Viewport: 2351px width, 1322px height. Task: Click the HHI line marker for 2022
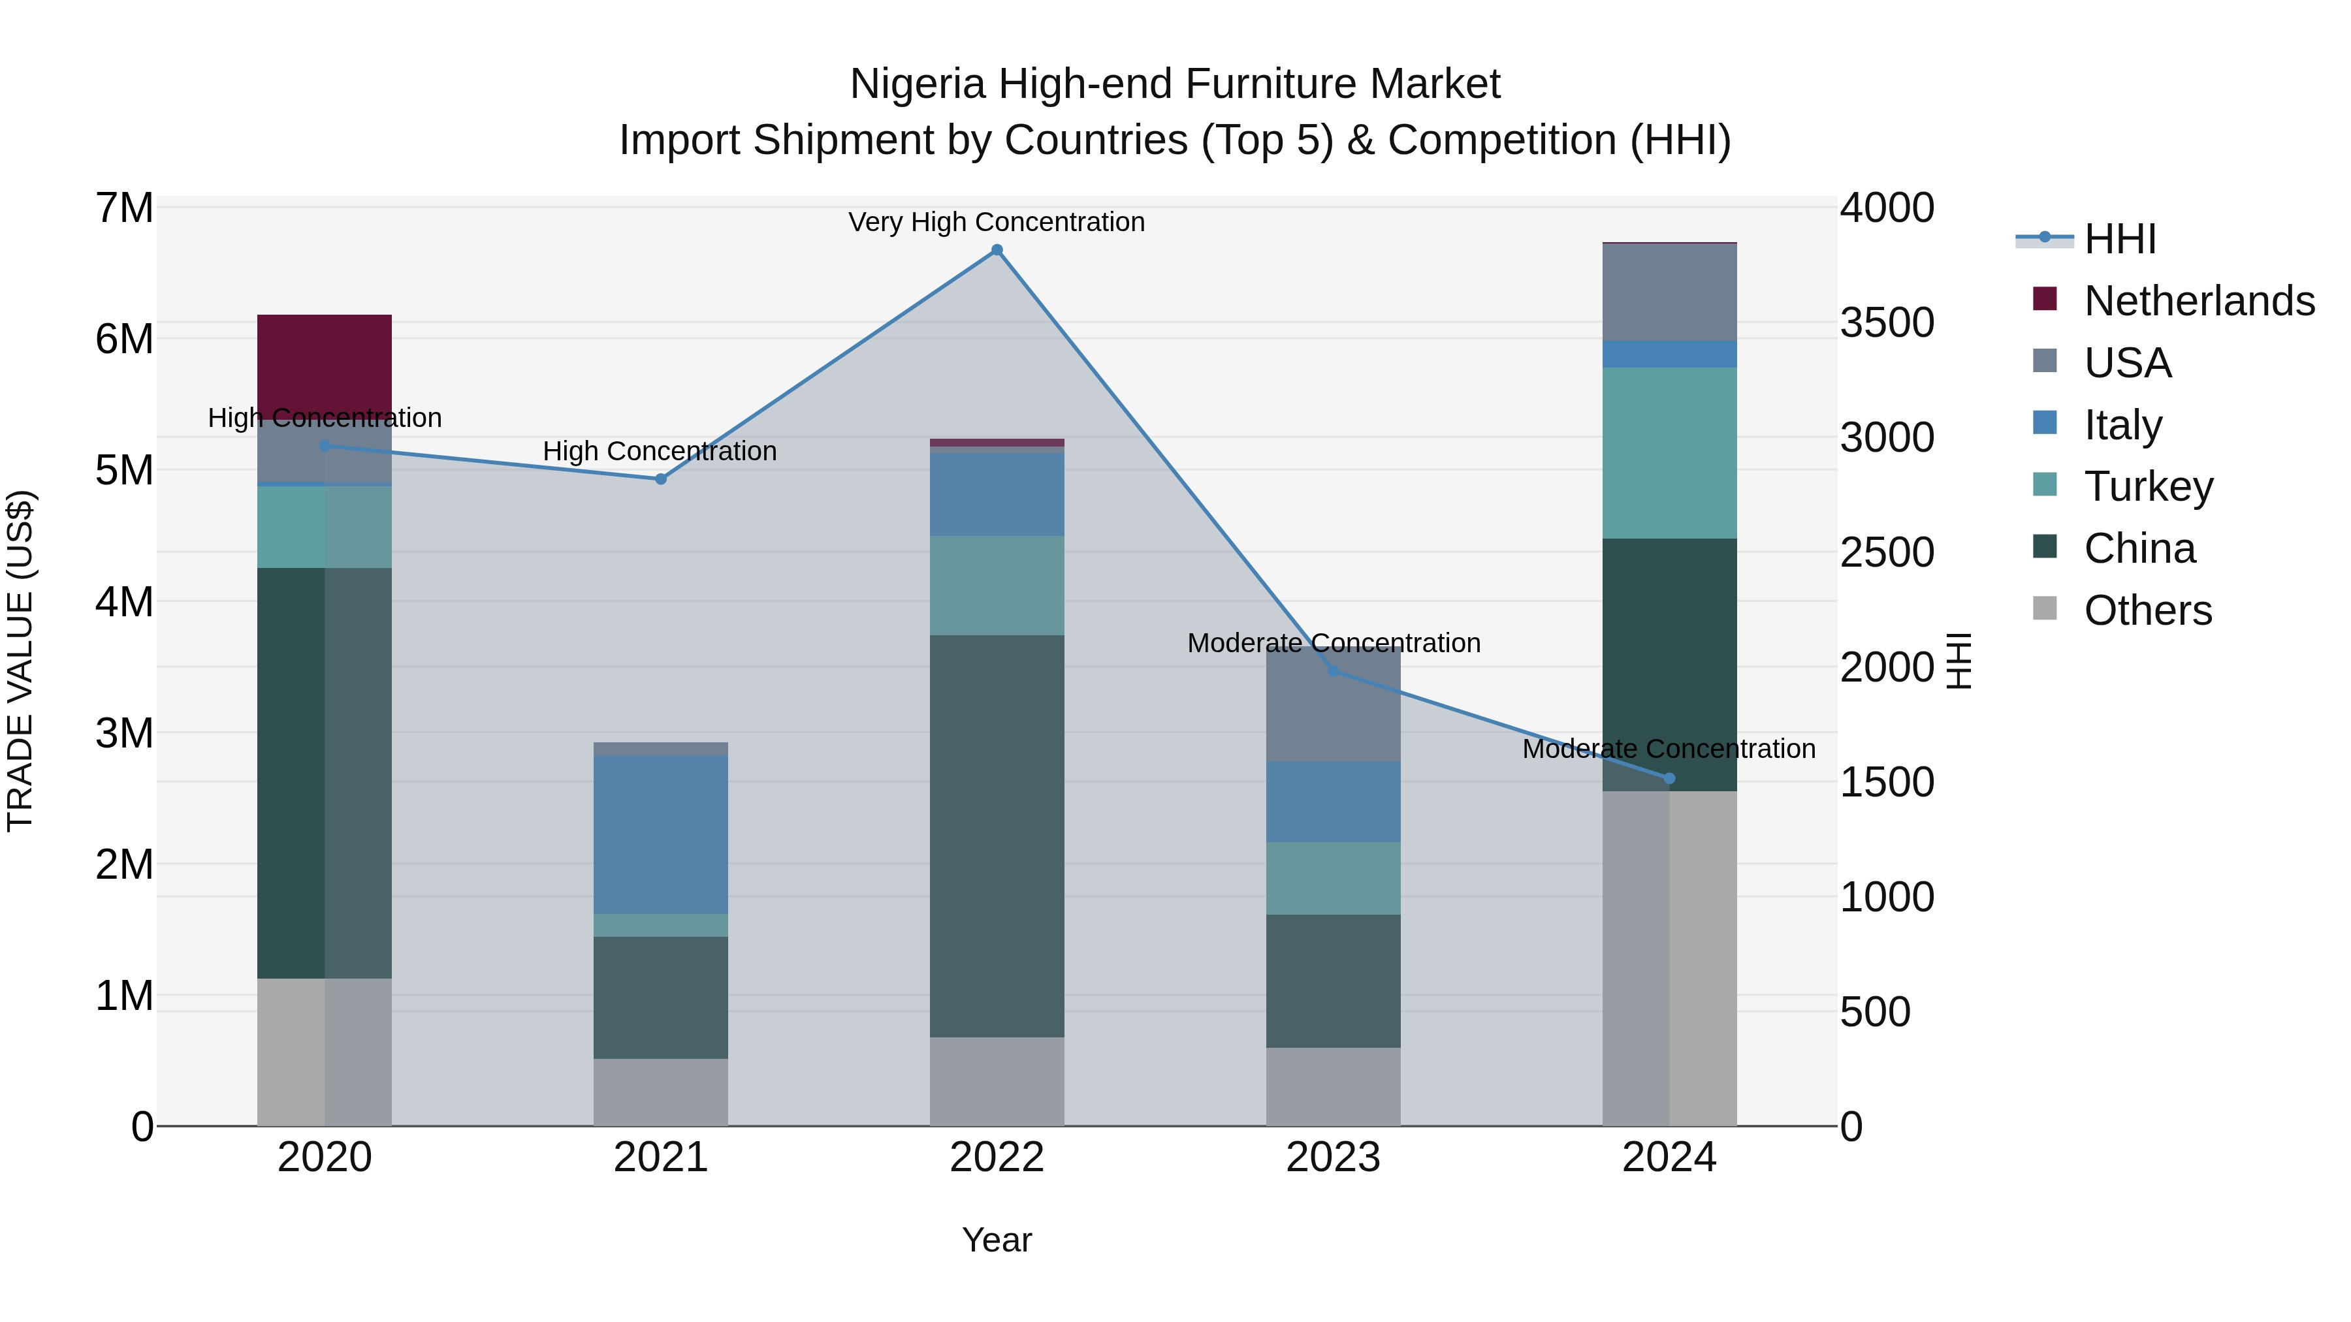997,250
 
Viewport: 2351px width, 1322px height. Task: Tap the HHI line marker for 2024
1669,778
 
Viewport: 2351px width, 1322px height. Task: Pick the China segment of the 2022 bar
997,835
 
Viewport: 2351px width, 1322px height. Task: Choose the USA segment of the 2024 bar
1669,292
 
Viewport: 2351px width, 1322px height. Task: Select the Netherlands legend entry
2198,301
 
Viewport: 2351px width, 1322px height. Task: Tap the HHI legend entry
2119,239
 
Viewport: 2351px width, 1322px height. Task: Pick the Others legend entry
2147,610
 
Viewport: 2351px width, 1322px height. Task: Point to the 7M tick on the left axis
124,208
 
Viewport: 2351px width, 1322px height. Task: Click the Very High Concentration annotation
997,222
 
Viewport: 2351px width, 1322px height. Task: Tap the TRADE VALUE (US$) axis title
20,661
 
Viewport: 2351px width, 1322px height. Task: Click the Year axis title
997,1240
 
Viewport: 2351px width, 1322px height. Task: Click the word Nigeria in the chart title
918,84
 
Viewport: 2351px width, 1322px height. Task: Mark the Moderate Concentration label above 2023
1334,642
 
